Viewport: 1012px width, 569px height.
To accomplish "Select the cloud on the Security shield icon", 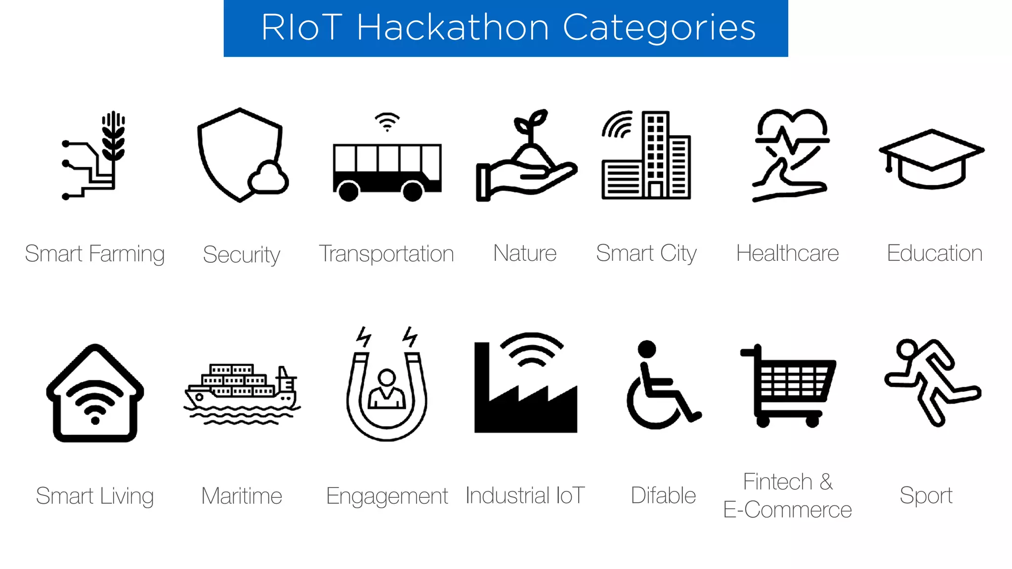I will coord(268,178).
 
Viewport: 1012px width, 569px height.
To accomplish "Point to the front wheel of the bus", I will coord(412,191).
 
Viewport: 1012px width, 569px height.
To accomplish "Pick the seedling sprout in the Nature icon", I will coord(531,123).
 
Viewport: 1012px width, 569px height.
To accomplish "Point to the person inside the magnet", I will coord(386,390).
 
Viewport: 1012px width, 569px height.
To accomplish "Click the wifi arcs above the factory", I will coord(532,349).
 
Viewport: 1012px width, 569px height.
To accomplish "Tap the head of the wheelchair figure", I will coord(646,349).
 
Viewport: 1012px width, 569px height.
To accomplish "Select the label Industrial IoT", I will coord(525,495).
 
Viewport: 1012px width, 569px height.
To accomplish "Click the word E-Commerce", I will coord(787,510).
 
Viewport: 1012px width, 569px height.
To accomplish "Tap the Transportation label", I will coord(386,254).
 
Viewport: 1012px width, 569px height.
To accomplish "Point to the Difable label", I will coord(663,495).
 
